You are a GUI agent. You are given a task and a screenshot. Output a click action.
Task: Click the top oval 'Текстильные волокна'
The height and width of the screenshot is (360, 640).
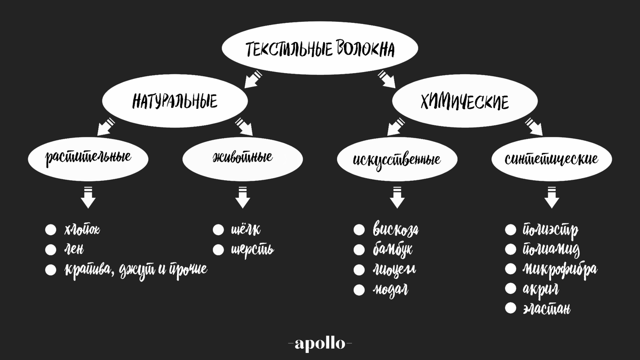tap(320, 49)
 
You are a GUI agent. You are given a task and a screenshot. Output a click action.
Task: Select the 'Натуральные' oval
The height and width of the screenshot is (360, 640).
tap(175, 100)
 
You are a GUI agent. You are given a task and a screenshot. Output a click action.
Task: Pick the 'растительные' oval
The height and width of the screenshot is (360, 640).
tap(89, 158)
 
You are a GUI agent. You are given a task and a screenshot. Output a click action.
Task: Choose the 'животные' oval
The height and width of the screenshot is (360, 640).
tap(243, 158)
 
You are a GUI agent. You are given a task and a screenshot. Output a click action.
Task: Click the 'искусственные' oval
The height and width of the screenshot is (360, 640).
tap(397, 158)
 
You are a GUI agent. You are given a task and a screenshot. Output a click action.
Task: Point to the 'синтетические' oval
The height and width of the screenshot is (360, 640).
tap(551, 158)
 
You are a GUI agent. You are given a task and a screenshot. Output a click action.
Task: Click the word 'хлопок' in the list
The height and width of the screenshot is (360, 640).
tap(82, 230)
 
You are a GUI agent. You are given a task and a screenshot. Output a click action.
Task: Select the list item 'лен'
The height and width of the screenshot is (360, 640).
tap(74, 250)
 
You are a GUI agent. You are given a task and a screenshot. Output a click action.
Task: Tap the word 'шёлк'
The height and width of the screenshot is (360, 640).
tap(245, 230)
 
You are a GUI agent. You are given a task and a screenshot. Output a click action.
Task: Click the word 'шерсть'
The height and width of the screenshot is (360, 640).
tap(252, 250)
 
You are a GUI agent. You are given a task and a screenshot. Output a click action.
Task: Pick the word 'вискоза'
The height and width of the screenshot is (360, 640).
tap(396, 230)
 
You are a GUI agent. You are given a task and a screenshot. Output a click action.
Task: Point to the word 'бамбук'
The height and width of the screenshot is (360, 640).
tap(393, 250)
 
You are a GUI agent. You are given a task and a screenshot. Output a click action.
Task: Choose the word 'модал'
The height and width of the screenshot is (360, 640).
tap(390, 290)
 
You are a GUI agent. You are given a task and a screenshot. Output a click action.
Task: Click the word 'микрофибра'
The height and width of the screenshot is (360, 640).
tap(559, 269)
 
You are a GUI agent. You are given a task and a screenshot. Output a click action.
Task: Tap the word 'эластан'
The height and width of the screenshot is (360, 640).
tap(547, 308)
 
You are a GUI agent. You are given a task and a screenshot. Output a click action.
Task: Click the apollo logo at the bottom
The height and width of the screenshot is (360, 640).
tap(320, 343)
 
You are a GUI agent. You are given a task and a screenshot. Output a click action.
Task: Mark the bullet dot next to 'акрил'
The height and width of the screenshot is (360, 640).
tap(510, 289)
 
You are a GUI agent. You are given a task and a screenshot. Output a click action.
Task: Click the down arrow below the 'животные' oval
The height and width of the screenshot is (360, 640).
tap(243, 197)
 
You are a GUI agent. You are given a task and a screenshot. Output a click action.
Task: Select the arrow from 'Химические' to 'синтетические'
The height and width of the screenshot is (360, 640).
tap(533, 127)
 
